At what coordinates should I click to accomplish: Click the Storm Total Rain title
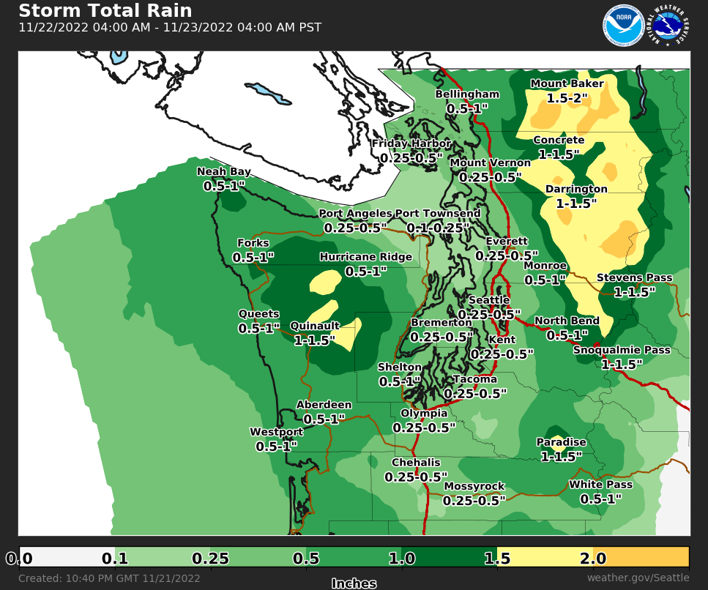click(105, 11)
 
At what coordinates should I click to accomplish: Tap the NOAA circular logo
click(623, 26)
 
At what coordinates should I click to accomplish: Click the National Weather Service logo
click(669, 26)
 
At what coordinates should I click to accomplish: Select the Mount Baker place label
click(567, 83)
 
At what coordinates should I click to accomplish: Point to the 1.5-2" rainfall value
click(568, 97)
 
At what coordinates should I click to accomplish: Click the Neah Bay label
click(224, 172)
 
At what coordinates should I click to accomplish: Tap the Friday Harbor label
click(411, 143)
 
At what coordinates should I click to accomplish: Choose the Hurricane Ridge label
click(365, 257)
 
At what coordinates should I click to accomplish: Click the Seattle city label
click(488, 300)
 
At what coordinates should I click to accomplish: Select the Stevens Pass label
click(634, 277)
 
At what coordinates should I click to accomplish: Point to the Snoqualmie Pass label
click(622, 350)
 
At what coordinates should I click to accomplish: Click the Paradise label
click(562, 442)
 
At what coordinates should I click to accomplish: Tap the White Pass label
click(600, 485)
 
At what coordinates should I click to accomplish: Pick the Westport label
click(276, 431)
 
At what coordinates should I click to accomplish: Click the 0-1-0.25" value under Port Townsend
click(439, 228)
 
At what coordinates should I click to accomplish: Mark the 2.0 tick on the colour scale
click(592, 559)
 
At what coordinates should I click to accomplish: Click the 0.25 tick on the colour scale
click(210, 559)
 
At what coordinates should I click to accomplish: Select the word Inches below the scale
click(354, 583)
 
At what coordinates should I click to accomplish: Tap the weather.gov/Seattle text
click(638, 578)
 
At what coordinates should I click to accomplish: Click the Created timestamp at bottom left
click(109, 578)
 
